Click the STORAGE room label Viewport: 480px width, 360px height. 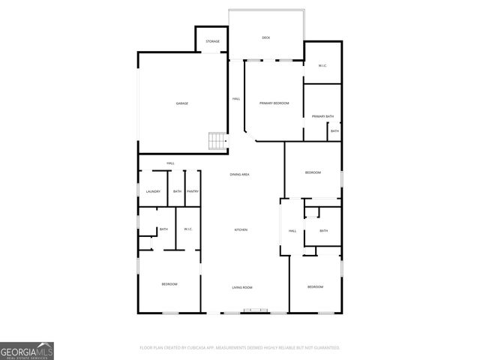point(213,41)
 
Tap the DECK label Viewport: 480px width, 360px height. point(265,37)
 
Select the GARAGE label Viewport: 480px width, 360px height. point(181,103)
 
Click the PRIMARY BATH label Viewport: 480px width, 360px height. point(323,116)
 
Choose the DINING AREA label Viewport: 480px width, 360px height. point(239,174)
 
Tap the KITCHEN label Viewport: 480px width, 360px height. point(241,229)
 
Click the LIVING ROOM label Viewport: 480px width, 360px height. point(241,287)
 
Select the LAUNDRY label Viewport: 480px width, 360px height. point(153,191)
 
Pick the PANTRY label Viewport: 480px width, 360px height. point(193,191)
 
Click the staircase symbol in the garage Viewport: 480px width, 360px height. point(217,141)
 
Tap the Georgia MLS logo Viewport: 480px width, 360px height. point(27,350)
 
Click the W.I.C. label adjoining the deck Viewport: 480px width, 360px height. point(322,66)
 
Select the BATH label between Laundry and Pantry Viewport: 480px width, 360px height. point(177,191)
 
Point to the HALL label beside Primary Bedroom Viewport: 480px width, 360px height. point(236,98)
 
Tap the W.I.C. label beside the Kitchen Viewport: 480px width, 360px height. point(188,229)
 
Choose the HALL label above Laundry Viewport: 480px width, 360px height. point(170,163)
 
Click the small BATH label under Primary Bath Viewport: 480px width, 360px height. point(334,131)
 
